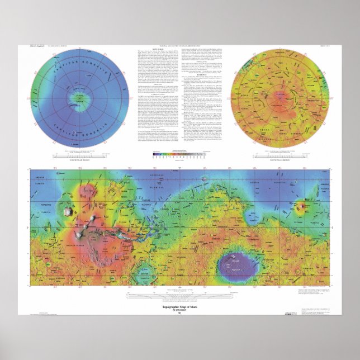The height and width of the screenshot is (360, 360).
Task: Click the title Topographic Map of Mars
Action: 179,308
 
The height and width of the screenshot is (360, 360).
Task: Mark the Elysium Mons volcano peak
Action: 302,206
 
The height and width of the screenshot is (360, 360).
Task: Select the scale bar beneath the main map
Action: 180,293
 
